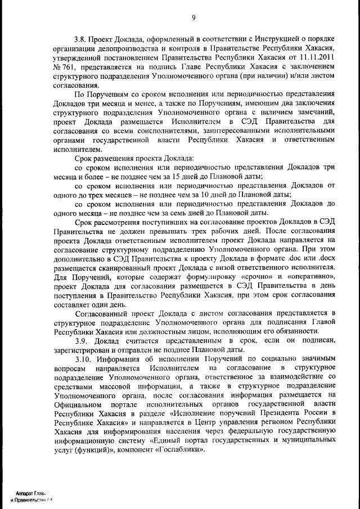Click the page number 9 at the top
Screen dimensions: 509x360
point(192,17)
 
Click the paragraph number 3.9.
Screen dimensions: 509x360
point(80,340)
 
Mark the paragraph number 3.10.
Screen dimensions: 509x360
point(82,358)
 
